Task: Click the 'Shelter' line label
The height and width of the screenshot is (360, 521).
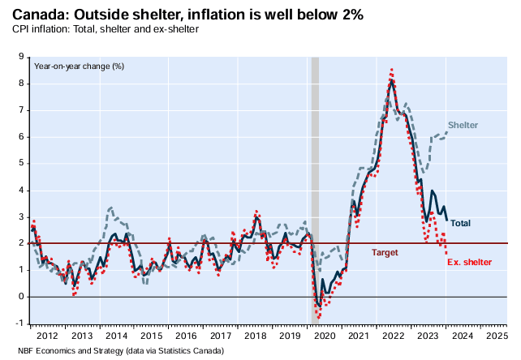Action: [x=463, y=125]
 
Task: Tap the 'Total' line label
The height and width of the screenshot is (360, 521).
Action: [x=461, y=223]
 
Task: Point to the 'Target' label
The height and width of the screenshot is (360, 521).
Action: [x=385, y=253]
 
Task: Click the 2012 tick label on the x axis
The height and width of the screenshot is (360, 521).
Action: [x=46, y=335]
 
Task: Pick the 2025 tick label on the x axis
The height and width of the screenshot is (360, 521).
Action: [x=495, y=335]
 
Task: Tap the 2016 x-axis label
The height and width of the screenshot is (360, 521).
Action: [x=187, y=335]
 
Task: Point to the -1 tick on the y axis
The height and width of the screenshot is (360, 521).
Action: [x=19, y=324]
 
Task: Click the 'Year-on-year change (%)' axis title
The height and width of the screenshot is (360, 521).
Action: [x=78, y=66]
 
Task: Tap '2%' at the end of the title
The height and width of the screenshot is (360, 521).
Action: [x=351, y=15]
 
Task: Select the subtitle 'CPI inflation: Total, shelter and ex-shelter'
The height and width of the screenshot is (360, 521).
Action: [x=105, y=29]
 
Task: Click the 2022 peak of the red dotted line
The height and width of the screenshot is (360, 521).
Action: [x=392, y=70]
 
